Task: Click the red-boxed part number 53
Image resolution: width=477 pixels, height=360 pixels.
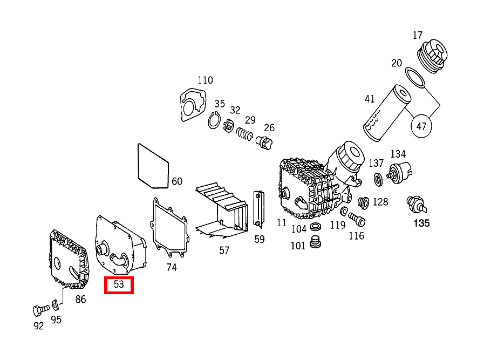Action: [119, 284]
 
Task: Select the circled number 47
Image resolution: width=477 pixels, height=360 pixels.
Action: [421, 126]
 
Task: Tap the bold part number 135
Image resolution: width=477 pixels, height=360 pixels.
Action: [421, 222]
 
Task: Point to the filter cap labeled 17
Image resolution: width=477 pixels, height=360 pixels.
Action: [433, 56]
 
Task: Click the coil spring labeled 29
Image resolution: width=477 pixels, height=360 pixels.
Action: [246, 133]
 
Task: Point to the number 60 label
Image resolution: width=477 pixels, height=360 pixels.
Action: [177, 181]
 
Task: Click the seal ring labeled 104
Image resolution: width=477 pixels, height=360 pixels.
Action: [316, 225]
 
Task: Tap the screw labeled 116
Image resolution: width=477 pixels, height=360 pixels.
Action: [356, 219]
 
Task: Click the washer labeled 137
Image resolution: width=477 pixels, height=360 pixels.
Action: [378, 178]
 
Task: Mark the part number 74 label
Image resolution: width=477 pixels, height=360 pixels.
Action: [172, 267]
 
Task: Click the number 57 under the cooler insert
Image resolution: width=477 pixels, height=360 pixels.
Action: [224, 250]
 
